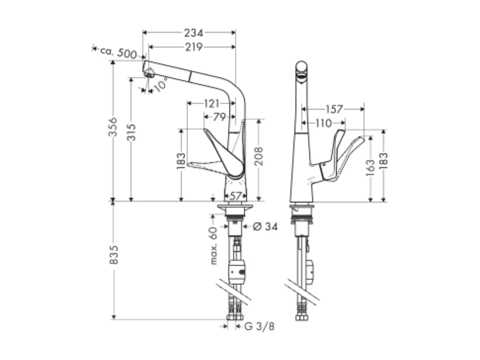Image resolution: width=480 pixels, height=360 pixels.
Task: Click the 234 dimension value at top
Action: coord(194,32)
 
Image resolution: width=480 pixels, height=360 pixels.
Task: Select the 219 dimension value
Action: coord(194,47)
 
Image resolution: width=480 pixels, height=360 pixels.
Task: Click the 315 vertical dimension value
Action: coord(132,132)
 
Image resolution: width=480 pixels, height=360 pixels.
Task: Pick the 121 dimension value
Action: coord(212,104)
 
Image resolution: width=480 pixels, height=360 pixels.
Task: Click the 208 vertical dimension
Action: coord(259,156)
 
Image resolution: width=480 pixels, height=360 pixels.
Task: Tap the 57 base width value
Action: coord(236,196)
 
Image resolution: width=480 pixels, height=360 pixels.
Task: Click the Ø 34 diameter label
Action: coord(265,226)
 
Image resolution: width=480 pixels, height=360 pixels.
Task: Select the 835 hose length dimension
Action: coord(113,255)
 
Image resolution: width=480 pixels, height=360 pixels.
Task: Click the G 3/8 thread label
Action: coord(259,326)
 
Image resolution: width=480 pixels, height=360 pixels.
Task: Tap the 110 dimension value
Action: coord(324,123)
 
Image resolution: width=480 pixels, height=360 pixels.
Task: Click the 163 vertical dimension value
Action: coord(370,168)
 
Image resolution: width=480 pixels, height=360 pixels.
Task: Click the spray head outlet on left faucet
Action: coord(149,72)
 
